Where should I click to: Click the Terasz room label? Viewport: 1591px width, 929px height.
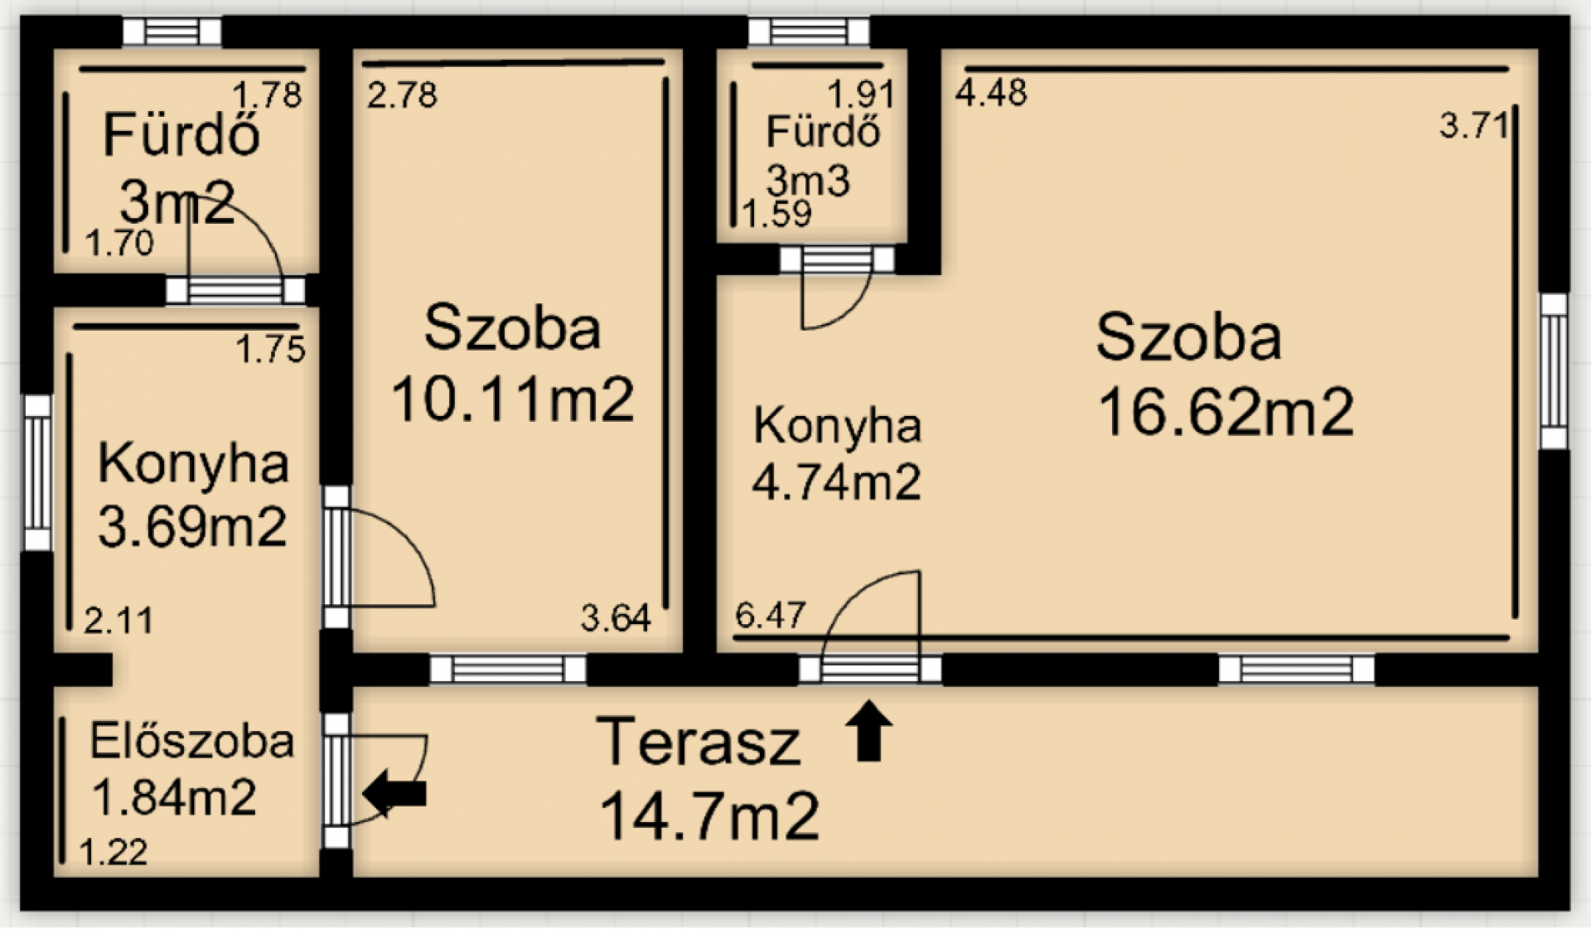tap(699, 742)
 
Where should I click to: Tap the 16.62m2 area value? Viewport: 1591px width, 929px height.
tap(1226, 412)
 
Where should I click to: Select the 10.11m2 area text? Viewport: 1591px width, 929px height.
tap(512, 399)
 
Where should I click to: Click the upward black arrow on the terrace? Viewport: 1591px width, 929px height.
tap(868, 730)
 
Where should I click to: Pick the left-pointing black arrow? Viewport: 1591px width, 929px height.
tap(394, 794)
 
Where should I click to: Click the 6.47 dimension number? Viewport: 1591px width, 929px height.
tap(770, 616)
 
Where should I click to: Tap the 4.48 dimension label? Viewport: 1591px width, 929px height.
tap(991, 92)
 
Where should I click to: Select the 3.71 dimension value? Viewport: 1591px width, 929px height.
tap(1473, 126)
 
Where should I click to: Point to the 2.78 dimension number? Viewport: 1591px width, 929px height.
tap(402, 95)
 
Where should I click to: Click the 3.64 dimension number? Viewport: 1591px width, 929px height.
tap(616, 618)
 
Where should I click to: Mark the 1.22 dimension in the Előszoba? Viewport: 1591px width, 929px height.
tap(114, 852)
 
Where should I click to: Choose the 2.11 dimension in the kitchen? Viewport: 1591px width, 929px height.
tap(118, 620)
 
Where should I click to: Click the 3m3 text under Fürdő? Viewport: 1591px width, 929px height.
tap(808, 180)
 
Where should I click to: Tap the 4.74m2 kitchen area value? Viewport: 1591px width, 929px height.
tap(836, 481)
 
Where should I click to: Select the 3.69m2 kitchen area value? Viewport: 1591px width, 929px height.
tap(192, 526)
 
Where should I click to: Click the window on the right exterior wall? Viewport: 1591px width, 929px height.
tap(1554, 371)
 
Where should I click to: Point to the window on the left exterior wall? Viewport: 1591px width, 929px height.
tap(37, 472)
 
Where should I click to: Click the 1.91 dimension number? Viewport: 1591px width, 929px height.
tap(861, 94)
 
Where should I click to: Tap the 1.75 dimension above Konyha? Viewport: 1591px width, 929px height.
tap(271, 350)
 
